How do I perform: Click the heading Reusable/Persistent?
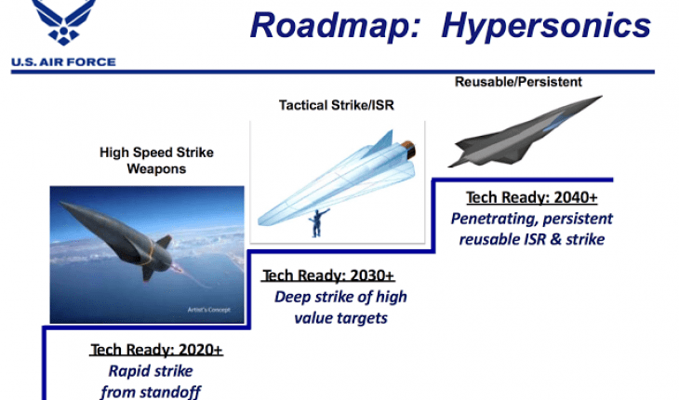(x=518, y=83)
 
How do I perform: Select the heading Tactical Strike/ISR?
(x=337, y=105)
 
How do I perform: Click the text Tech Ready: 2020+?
(x=156, y=351)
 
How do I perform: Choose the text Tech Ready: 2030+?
(x=328, y=276)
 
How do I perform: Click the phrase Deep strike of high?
(x=339, y=298)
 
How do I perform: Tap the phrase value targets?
(x=339, y=318)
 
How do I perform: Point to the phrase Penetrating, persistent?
(x=531, y=220)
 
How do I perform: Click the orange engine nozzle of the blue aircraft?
(x=408, y=146)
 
